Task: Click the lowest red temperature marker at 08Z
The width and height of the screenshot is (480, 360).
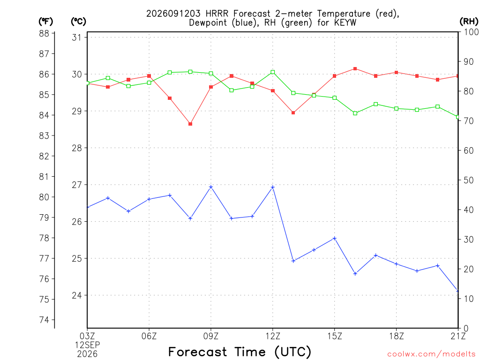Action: tap(190, 124)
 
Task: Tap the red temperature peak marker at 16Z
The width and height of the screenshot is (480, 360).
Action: tap(355, 68)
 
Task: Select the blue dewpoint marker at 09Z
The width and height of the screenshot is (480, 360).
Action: tap(211, 187)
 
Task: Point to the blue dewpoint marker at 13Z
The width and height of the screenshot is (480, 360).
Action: tap(293, 261)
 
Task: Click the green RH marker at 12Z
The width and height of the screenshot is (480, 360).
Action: tap(273, 72)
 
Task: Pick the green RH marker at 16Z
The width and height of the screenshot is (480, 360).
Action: tap(355, 113)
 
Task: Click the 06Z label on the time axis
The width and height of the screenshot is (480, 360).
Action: tap(149, 336)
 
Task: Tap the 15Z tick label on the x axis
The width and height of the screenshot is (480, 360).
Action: tap(335, 336)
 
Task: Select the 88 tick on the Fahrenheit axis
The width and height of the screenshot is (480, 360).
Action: tap(44, 33)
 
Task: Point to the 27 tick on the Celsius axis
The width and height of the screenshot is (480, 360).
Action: tap(77, 185)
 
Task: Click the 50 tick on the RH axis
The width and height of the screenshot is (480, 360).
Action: tap(469, 180)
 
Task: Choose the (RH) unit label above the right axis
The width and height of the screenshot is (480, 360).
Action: tap(469, 21)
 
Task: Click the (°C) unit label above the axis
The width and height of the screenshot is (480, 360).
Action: tap(78, 21)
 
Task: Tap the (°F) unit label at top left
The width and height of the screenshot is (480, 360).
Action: tap(45, 21)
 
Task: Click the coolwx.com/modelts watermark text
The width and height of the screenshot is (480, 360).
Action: tap(431, 354)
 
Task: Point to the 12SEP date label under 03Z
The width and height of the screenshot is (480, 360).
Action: tap(88, 345)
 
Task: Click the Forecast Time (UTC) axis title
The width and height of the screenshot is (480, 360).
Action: tap(240, 352)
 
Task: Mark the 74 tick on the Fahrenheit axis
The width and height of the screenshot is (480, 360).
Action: tap(44, 320)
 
